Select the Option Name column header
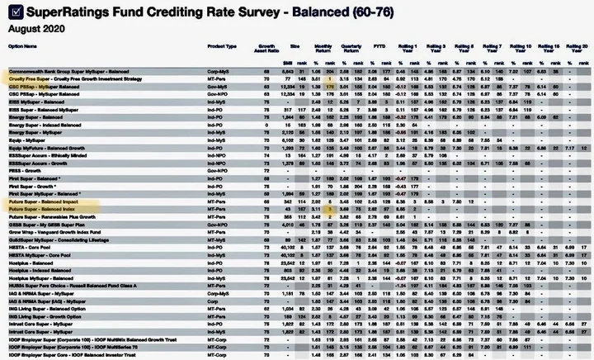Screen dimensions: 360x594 pyautogui.click(x=24, y=46)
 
